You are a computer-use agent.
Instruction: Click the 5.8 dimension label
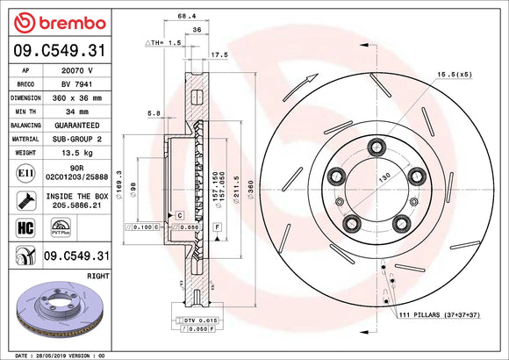(154, 112)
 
